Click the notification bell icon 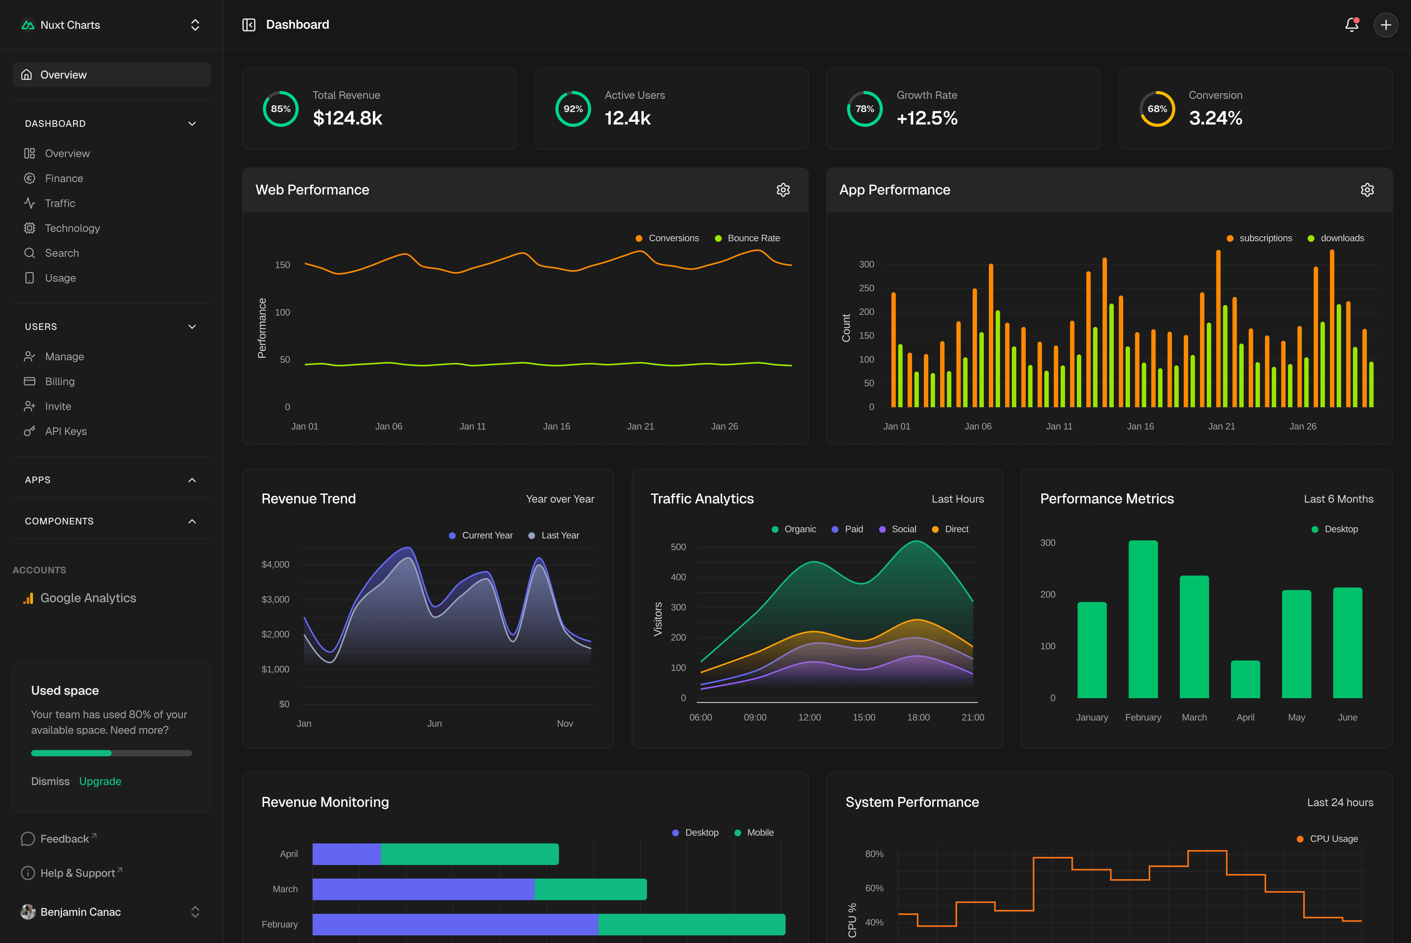coord(1351,25)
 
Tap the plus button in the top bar coord(1386,25)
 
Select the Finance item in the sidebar coord(64,179)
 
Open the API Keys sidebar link coord(65,431)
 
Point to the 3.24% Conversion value coord(1215,118)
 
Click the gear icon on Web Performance coord(783,190)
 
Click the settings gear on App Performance coord(1367,190)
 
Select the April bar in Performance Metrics coord(1245,680)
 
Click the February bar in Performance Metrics coord(1143,619)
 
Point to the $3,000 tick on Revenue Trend coord(275,599)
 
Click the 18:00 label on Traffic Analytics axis coord(918,717)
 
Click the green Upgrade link coord(100,781)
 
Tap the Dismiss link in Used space coord(51,781)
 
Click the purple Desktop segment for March coord(423,889)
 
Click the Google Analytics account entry coord(88,598)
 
